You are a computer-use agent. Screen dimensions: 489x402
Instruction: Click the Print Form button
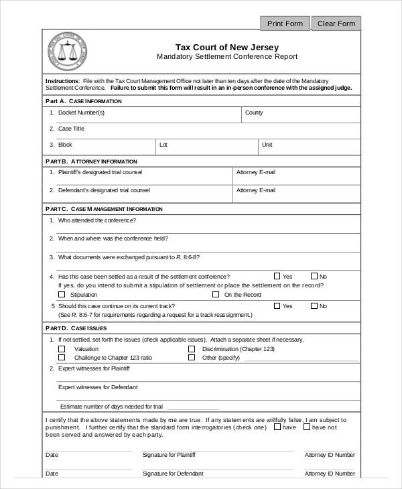pos(285,23)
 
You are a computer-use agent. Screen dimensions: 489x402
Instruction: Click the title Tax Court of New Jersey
pos(226,47)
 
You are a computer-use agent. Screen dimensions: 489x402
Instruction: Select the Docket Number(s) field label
pos(81,113)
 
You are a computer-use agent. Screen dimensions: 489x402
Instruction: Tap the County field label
pos(254,113)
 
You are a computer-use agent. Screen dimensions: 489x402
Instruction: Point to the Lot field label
pos(163,145)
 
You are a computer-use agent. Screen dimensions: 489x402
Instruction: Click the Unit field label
pos(267,145)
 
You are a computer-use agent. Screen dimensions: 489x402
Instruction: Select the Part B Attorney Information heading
pos(91,161)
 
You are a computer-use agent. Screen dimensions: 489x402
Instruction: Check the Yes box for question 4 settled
pos(277,276)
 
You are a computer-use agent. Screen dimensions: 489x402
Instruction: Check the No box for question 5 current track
pos(314,306)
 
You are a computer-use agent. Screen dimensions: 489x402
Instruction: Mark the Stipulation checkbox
pos(62,294)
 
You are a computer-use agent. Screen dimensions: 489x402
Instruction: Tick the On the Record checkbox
pos(216,294)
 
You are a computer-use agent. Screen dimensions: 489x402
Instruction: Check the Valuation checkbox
pos(62,349)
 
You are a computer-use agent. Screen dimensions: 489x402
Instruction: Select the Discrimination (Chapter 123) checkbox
pos(192,349)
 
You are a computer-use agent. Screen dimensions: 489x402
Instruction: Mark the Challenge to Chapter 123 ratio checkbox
pos(62,358)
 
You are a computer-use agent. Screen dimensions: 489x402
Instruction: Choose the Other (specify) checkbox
pos(192,358)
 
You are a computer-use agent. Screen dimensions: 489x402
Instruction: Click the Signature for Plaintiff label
pos(169,455)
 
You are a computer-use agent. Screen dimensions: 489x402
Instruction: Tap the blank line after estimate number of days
pos(194,407)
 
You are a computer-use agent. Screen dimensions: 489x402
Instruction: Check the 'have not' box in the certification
pos(307,426)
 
